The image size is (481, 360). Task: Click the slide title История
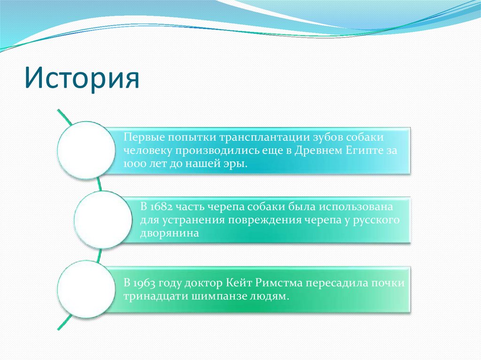[x=82, y=77]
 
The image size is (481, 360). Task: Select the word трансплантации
[x=264, y=138]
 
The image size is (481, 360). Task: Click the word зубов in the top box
[x=327, y=137]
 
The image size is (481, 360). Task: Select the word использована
[x=356, y=207]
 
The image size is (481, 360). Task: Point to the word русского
[x=376, y=221]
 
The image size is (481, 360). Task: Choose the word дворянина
[x=170, y=234]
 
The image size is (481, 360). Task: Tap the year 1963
[x=144, y=283]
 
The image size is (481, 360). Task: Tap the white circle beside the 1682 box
[x=103, y=220]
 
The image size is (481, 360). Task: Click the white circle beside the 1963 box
[x=86, y=289]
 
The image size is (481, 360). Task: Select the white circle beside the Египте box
[x=86, y=150]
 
